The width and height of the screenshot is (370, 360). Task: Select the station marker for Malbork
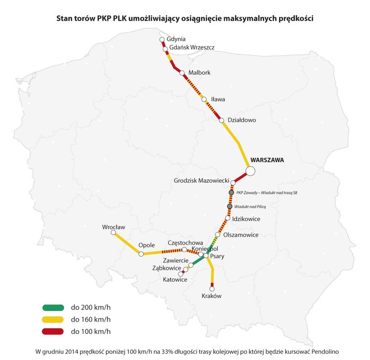[x=182, y=73]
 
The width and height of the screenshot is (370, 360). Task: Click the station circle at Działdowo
[x=221, y=121]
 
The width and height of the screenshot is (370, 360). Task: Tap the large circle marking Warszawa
[x=250, y=171]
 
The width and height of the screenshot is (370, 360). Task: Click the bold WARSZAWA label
[x=267, y=160]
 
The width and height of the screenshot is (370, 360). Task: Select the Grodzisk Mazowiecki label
[x=202, y=181]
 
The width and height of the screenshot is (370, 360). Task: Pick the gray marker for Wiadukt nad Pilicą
[x=229, y=207]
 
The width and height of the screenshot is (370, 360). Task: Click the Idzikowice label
[x=245, y=219]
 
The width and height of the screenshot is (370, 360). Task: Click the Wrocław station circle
[x=113, y=235]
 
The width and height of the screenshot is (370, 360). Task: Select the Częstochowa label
[x=185, y=243]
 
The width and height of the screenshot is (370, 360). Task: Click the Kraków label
[x=211, y=296]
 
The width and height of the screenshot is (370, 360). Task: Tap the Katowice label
[x=175, y=280]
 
